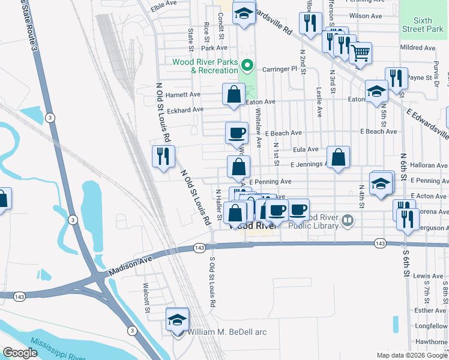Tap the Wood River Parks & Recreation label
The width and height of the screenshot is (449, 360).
click(205, 66)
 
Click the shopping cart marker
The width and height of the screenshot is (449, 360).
click(360, 53)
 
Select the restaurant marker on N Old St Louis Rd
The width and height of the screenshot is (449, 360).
click(163, 157)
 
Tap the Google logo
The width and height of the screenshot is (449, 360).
click(20, 353)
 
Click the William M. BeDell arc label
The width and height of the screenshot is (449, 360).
click(227, 332)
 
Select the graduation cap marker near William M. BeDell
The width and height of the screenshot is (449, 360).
click(177, 319)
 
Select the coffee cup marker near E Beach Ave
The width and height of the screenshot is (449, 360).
click(237, 133)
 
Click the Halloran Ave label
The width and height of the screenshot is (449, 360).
click(429, 166)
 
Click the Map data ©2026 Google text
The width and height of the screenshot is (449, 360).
click(412, 355)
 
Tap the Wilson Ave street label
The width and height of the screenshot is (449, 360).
click(366, 16)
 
